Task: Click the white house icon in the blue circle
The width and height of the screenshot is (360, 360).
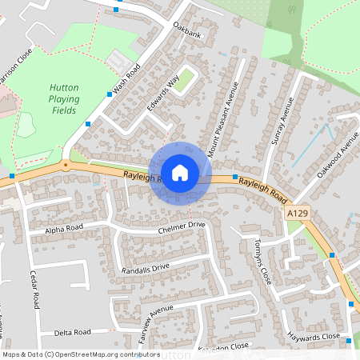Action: coord(180,172)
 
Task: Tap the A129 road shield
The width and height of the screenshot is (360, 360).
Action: coord(296,214)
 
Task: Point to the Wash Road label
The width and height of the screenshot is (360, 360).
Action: coord(126,78)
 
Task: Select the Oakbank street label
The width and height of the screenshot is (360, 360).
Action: coord(186,34)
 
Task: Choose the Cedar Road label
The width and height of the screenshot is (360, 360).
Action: coord(36,290)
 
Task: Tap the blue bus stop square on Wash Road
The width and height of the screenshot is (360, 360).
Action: coord(109,94)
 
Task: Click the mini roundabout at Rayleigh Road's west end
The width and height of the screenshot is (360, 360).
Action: coord(65,166)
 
